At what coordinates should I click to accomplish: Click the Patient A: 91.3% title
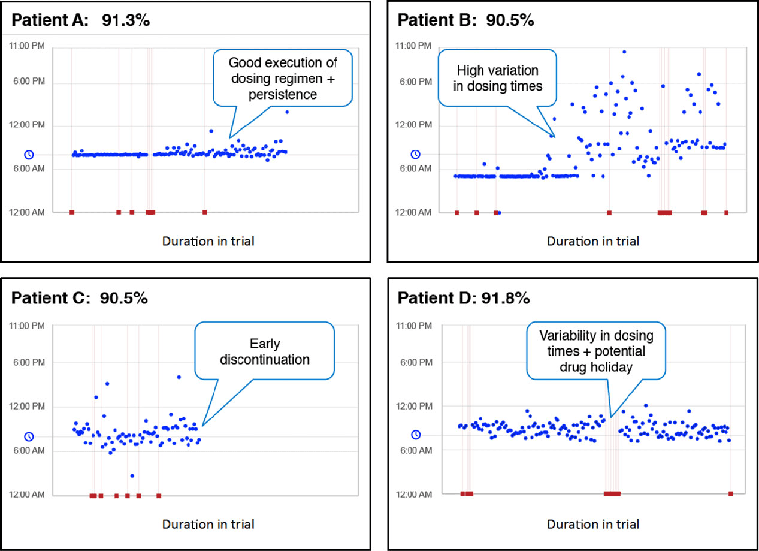point(80,19)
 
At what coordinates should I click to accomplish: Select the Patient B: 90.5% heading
point(465,19)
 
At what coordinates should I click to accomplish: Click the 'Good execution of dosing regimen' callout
point(283,78)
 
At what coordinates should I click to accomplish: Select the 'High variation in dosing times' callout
point(491,78)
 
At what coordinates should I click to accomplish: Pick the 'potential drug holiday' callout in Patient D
point(586,351)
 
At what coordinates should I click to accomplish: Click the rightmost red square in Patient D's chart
point(730,493)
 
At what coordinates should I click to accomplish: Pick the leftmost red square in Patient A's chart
point(72,212)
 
